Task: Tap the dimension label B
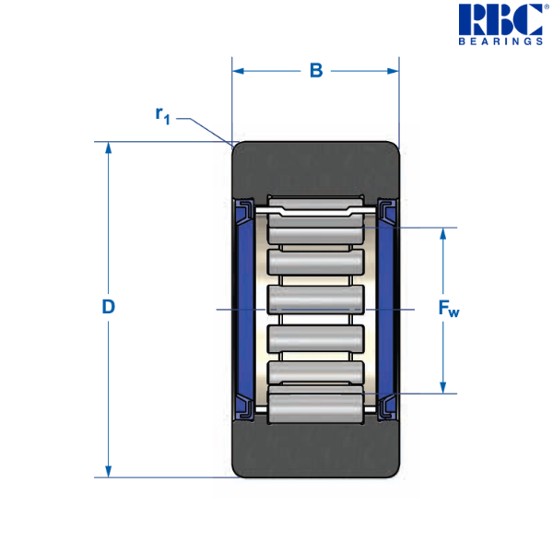(315, 71)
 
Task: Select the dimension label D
(108, 308)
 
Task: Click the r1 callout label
(163, 115)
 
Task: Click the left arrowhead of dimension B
(238, 70)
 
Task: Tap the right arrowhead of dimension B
(394, 70)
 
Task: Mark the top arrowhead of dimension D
(110, 147)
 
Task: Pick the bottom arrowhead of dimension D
(110, 471)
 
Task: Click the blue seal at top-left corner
(244, 214)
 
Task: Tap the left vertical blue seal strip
(247, 309)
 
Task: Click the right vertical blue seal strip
(384, 309)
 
